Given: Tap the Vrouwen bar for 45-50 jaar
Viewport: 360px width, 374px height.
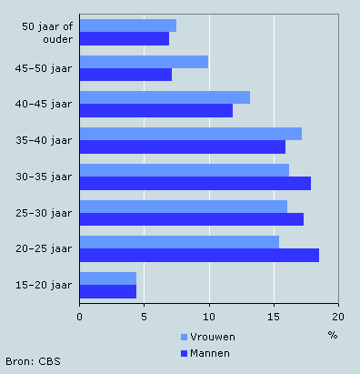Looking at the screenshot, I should click(144, 62).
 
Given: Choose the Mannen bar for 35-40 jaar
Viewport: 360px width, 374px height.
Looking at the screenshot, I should click(182, 147).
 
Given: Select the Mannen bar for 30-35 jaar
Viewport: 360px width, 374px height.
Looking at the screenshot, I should click(195, 183).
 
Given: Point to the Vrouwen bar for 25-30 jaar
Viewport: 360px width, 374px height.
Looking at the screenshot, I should click(183, 207).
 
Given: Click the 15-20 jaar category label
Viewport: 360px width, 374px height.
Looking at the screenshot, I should click(45, 285).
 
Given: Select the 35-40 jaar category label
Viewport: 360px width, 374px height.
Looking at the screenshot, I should click(45, 140).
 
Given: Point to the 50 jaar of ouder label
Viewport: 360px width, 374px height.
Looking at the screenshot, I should click(47, 32).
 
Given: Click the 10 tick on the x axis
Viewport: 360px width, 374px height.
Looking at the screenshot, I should click(209, 316).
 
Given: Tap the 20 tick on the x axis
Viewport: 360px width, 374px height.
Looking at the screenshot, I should click(337, 316).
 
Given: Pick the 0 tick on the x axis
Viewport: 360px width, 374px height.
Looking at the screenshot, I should click(80, 316).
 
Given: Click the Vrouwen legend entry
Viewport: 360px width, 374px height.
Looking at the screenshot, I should click(204, 337).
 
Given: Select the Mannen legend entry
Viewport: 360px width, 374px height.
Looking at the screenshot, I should click(204, 352).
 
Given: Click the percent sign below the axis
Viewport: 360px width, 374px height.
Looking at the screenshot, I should click(332, 335).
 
